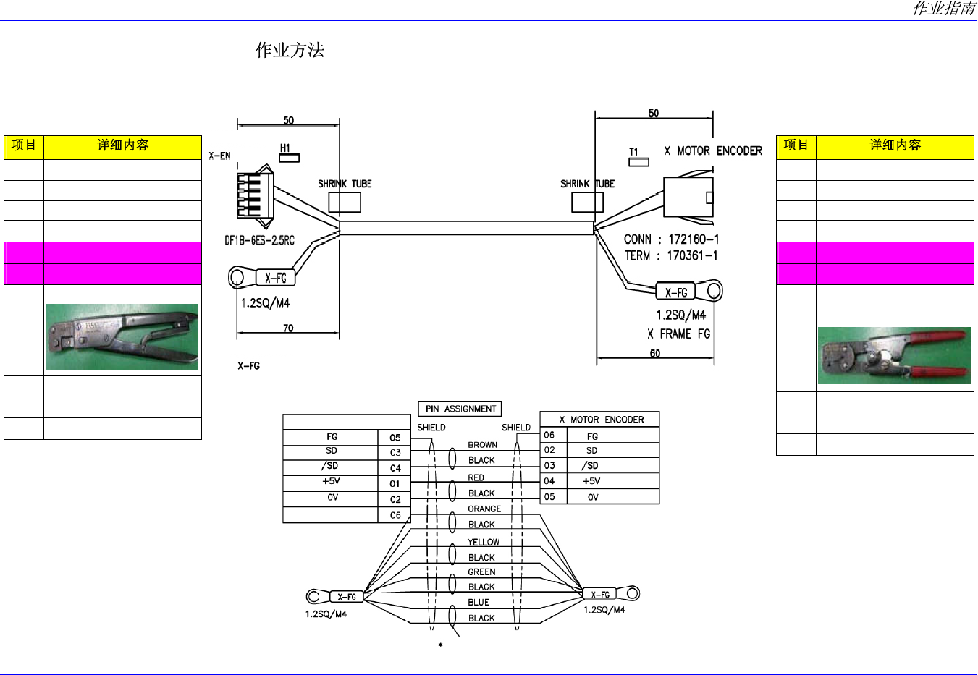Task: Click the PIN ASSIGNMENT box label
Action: (x=460, y=409)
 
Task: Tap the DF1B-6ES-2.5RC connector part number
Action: (x=259, y=240)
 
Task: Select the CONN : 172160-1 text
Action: (x=671, y=239)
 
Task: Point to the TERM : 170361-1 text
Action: (x=670, y=255)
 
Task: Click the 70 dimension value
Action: (x=288, y=328)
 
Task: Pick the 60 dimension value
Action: (x=655, y=353)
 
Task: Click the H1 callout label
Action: (x=285, y=148)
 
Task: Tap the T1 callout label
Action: (x=633, y=151)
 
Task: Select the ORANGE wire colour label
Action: (x=484, y=509)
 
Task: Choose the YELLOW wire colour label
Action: (x=484, y=542)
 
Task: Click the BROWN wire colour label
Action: (x=482, y=445)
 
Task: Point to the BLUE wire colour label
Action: (x=479, y=602)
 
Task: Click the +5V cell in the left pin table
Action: (x=331, y=481)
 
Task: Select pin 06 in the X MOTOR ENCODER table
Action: (x=549, y=435)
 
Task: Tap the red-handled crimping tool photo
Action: (x=894, y=356)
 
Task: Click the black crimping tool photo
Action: (x=122, y=337)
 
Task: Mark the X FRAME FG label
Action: (x=678, y=334)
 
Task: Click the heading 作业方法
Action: (x=290, y=50)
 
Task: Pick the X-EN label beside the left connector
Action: (x=219, y=156)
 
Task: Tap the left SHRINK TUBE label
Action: (x=345, y=184)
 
